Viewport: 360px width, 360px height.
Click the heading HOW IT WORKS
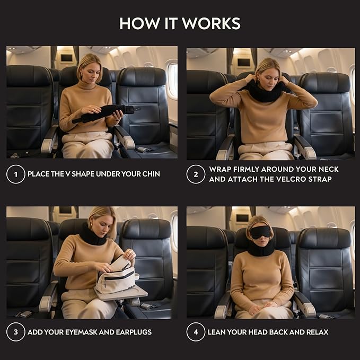(180, 23)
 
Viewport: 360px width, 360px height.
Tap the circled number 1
(16, 174)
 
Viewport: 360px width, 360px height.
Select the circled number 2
(196, 174)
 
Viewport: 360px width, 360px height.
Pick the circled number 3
(16, 332)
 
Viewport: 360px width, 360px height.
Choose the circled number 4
(196, 332)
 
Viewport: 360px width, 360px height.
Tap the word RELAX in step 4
(315, 332)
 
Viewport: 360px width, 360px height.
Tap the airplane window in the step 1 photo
(172, 80)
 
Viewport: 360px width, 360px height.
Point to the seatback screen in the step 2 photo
(244, 62)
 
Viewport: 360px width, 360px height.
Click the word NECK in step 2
(328, 169)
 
